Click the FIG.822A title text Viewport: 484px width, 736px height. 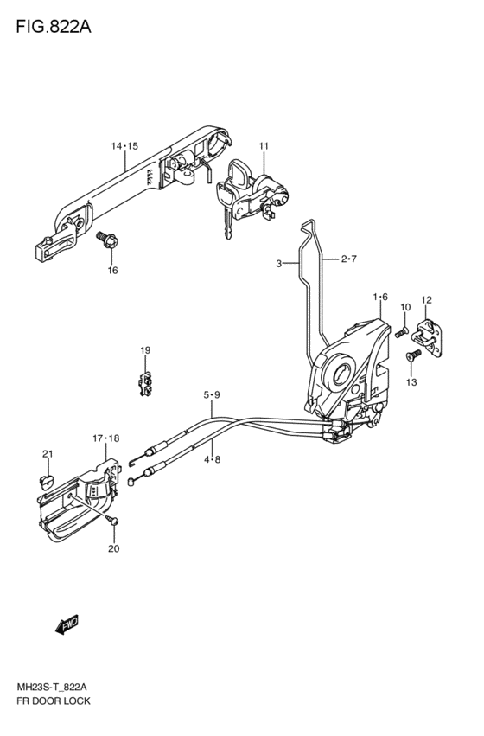(x=54, y=27)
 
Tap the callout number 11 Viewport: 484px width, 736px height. (x=264, y=146)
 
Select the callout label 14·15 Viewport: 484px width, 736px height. (x=124, y=146)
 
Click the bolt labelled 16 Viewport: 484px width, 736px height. (x=107, y=240)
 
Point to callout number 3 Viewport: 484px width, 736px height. (x=278, y=264)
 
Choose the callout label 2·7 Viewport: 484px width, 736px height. (x=349, y=259)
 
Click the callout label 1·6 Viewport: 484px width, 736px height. (x=380, y=297)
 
